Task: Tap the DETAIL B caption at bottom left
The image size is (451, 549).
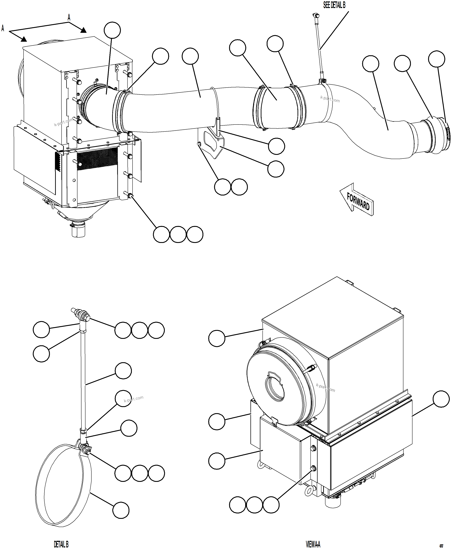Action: [x=61, y=544]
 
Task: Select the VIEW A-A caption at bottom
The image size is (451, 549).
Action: [x=313, y=544]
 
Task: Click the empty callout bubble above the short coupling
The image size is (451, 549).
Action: [x=238, y=48]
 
